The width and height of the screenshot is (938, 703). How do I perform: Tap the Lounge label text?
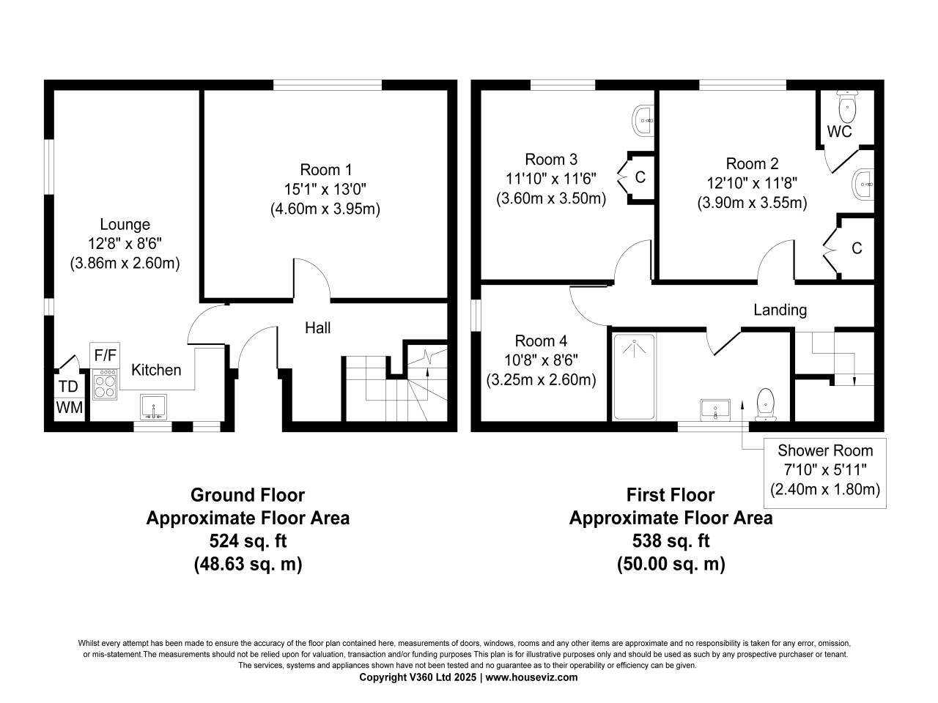[125, 225]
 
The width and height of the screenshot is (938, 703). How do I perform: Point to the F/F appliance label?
[105, 355]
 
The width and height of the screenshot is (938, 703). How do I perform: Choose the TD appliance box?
[68, 386]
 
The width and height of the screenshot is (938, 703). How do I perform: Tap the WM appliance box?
[70, 408]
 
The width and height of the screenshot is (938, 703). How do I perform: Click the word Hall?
[317, 327]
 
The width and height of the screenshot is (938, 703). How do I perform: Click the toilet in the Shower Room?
[765, 405]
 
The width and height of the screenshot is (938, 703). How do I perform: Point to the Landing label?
[780, 310]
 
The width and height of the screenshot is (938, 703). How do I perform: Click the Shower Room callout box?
[825, 473]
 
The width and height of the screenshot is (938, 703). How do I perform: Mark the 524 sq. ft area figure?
[248, 541]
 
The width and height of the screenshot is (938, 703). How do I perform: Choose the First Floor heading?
[671, 495]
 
